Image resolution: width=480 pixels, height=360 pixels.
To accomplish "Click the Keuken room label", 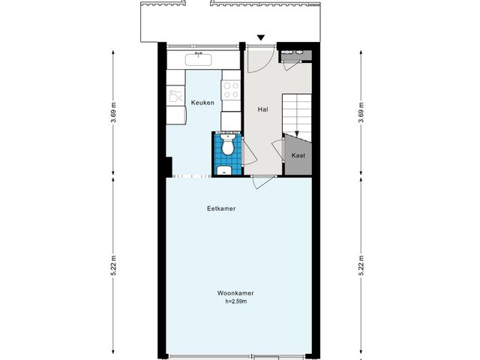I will [x=202, y=103].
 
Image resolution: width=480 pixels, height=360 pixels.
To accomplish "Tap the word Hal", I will [x=262, y=109].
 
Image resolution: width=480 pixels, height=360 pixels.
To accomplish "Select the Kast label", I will [x=298, y=156].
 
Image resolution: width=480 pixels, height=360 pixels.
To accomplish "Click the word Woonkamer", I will [x=235, y=294].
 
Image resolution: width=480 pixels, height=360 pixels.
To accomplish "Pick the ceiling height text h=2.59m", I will [x=235, y=301].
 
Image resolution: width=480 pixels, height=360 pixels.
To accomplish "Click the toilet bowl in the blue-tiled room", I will [x=227, y=147].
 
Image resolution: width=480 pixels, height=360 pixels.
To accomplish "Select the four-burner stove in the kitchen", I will [x=230, y=90].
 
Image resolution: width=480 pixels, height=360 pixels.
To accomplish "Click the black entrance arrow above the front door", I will [x=261, y=37].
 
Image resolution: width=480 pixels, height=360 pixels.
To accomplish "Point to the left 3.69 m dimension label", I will [x=114, y=110].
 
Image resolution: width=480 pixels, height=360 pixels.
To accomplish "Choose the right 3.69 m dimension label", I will [x=361, y=110].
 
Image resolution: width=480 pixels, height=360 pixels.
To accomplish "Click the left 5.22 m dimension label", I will [x=114, y=266].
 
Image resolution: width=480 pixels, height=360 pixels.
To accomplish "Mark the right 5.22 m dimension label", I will [x=361, y=266].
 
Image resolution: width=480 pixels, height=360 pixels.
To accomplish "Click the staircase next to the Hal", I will [x=296, y=112].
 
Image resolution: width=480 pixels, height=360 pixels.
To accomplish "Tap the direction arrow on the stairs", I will [x=297, y=133].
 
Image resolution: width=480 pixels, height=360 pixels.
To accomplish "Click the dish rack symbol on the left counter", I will [x=175, y=95].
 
